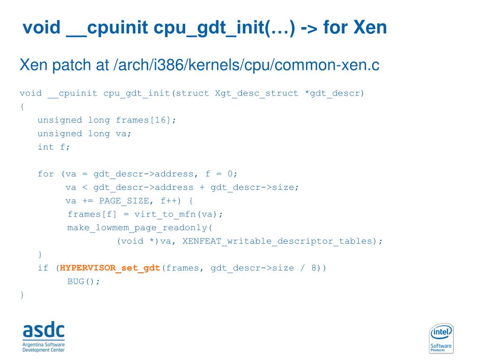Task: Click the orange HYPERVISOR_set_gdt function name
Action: point(110,268)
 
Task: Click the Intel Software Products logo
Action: point(441,338)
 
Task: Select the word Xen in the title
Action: point(370,28)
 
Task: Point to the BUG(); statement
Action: point(83,282)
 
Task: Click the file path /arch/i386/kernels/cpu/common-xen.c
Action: point(246,65)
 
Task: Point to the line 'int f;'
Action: point(53,147)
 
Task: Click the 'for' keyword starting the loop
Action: point(45,174)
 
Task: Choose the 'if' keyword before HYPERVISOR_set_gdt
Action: point(43,268)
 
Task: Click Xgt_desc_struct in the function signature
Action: point(256,93)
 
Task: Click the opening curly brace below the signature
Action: point(22,106)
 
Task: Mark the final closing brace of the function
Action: point(22,295)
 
